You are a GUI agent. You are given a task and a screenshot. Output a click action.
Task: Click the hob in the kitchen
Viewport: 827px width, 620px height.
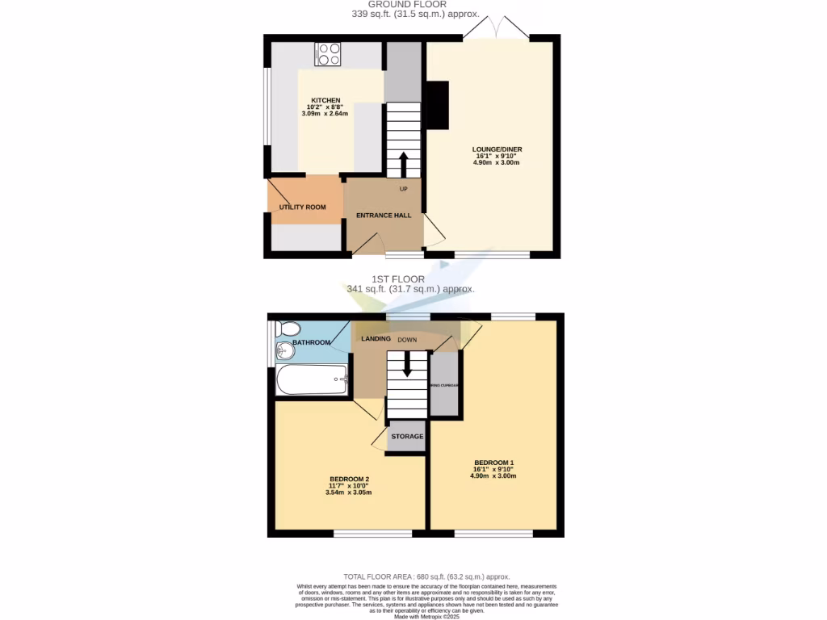pyautogui.click(x=328, y=54)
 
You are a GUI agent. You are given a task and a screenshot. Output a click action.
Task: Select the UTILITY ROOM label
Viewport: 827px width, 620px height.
pyautogui.click(x=303, y=207)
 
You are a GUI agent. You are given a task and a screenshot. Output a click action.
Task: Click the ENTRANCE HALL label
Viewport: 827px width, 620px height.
pyautogui.click(x=384, y=216)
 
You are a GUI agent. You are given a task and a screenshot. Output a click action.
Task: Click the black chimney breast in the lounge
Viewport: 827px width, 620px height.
pyautogui.click(x=437, y=105)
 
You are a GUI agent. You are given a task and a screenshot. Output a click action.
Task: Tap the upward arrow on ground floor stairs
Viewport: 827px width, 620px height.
pyautogui.click(x=402, y=164)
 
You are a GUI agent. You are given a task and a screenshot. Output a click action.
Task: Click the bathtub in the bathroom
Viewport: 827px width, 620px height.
pyautogui.click(x=312, y=380)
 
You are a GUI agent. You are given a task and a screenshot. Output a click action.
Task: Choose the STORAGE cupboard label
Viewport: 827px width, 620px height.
pyautogui.click(x=407, y=437)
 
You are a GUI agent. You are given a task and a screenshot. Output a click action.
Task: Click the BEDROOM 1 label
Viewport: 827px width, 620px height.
pyautogui.click(x=493, y=463)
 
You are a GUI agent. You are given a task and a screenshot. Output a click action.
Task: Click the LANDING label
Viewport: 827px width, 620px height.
pyautogui.click(x=376, y=339)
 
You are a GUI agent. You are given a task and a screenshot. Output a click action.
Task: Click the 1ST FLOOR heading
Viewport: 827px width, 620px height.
pyautogui.click(x=409, y=279)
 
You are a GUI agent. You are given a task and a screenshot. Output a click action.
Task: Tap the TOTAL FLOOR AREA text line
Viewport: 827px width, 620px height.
pyautogui.click(x=426, y=576)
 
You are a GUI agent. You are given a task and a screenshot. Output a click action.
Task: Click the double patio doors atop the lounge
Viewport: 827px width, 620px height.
pyautogui.click(x=495, y=28)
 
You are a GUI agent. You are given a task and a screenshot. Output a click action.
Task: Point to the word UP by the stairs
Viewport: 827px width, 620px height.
pyautogui.click(x=404, y=189)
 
